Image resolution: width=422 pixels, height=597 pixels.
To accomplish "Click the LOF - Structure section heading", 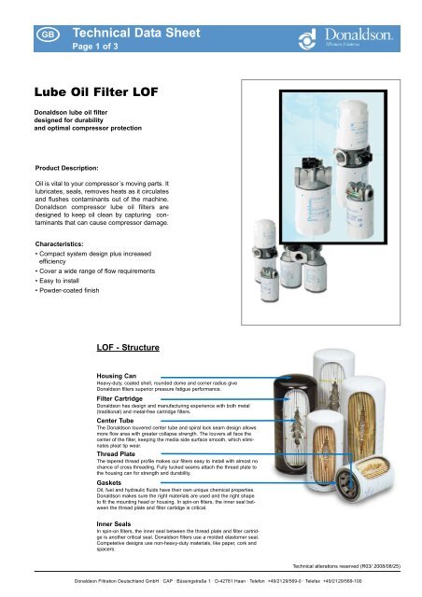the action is (134, 349).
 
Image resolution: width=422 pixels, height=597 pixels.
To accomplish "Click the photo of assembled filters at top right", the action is (321, 222).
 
